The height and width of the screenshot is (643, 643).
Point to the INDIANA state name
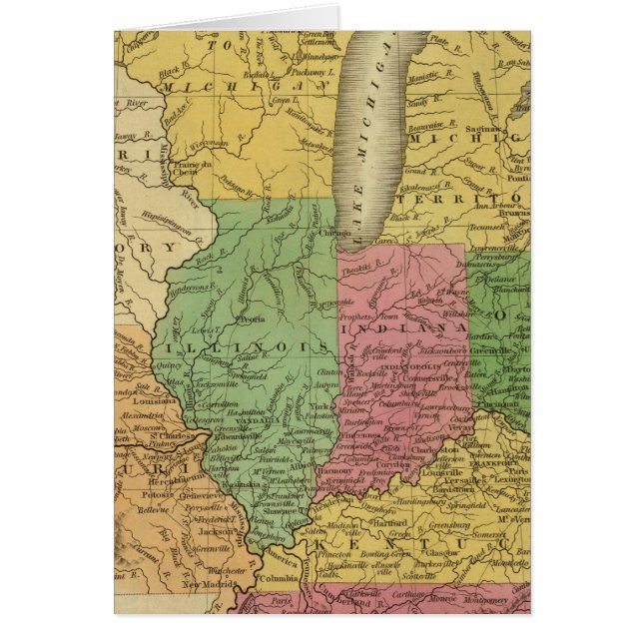[x=403, y=327]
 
